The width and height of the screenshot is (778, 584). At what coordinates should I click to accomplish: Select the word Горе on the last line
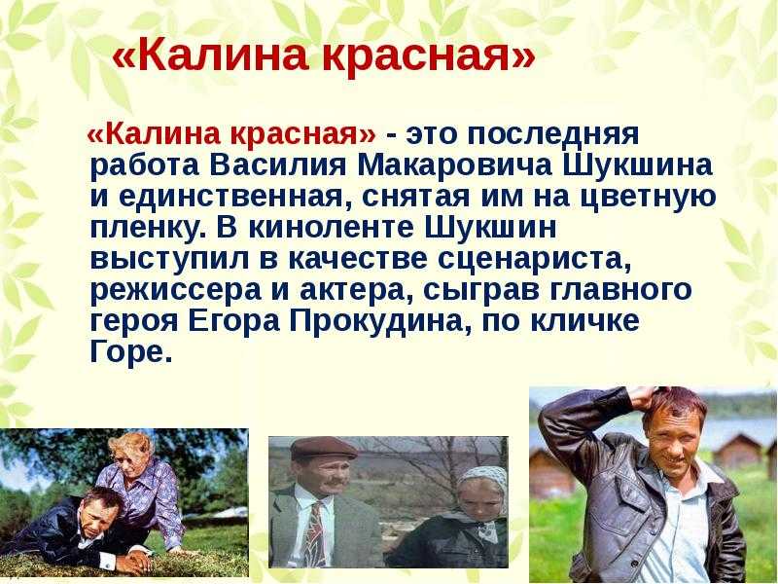click(129, 355)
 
